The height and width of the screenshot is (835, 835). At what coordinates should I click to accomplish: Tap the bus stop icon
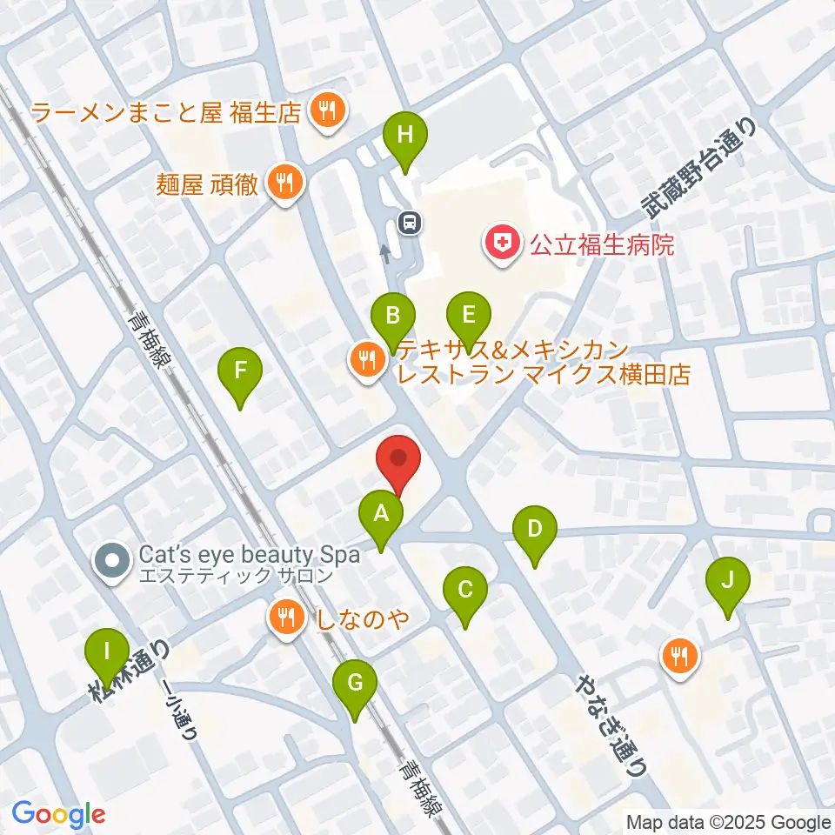pyautogui.click(x=409, y=223)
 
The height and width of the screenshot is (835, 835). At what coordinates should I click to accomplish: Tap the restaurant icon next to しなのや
pyautogui.click(x=285, y=618)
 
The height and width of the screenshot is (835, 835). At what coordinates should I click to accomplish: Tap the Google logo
pyautogui.click(x=58, y=815)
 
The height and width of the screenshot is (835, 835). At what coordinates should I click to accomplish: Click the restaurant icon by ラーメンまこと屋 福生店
pyautogui.click(x=328, y=110)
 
